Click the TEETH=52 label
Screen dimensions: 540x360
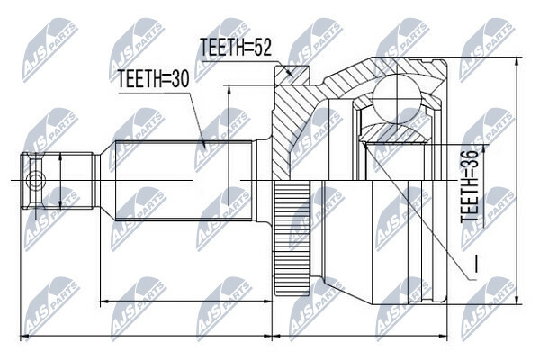click(x=236, y=47)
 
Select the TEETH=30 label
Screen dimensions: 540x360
click(x=153, y=79)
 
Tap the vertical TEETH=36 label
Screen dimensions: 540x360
click(x=470, y=186)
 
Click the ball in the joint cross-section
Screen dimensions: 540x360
click(x=397, y=99)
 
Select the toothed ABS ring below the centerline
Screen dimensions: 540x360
click(x=292, y=238)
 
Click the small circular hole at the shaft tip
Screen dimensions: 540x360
click(x=35, y=180)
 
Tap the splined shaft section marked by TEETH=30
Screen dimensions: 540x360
click(x=184, y=180)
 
